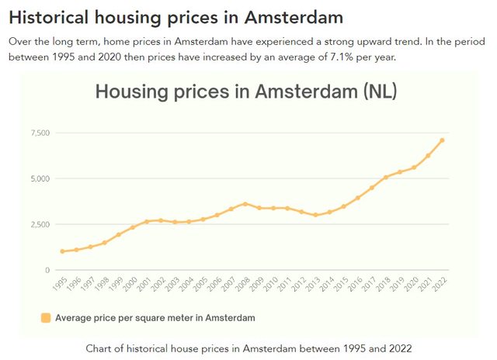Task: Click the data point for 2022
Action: [442, 140]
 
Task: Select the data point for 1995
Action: [62, 251]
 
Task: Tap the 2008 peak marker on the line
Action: [245, 204]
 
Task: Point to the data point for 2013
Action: [315, 215]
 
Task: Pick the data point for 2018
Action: [386, 178]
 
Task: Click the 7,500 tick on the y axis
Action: [40, 133]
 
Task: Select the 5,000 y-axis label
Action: [40, 179]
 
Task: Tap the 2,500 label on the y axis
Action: [40, 225]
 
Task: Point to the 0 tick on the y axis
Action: [47, 270]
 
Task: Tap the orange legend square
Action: [46, 317]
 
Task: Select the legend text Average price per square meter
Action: [155, 317]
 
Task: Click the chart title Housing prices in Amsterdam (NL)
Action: [246, 92]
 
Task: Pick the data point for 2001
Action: [147, 221]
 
